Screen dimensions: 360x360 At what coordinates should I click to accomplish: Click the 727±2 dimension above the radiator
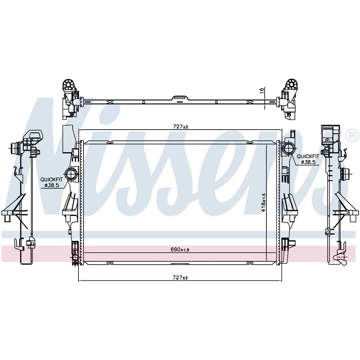point(180,126)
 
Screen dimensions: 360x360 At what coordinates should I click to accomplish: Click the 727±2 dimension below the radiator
point(180,278)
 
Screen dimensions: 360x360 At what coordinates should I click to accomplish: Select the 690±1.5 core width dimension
point(180,249)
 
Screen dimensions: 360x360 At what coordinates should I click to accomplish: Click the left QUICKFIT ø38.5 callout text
point(51,182)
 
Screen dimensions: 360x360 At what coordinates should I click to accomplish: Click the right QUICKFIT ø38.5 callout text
point(308,159)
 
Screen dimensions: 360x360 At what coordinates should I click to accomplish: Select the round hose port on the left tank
point(71,175)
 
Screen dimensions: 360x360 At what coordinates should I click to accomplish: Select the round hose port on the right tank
point(288,148)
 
